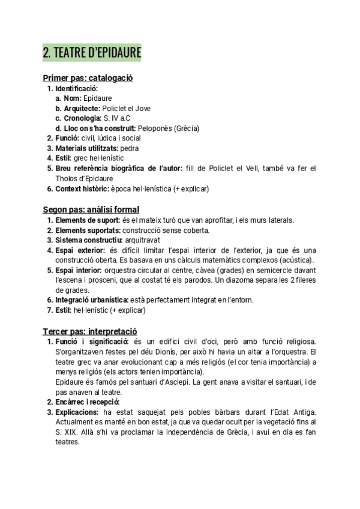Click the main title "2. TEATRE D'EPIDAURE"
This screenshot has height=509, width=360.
92,53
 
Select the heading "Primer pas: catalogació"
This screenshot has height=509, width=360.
88,78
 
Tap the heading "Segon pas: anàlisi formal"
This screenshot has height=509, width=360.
91,209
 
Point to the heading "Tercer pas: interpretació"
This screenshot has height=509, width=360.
90,331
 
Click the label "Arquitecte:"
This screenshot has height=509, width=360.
82,109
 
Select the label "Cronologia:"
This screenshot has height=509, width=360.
82,118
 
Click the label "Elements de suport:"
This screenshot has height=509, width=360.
83,220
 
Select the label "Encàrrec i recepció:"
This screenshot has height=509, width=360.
88,402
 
